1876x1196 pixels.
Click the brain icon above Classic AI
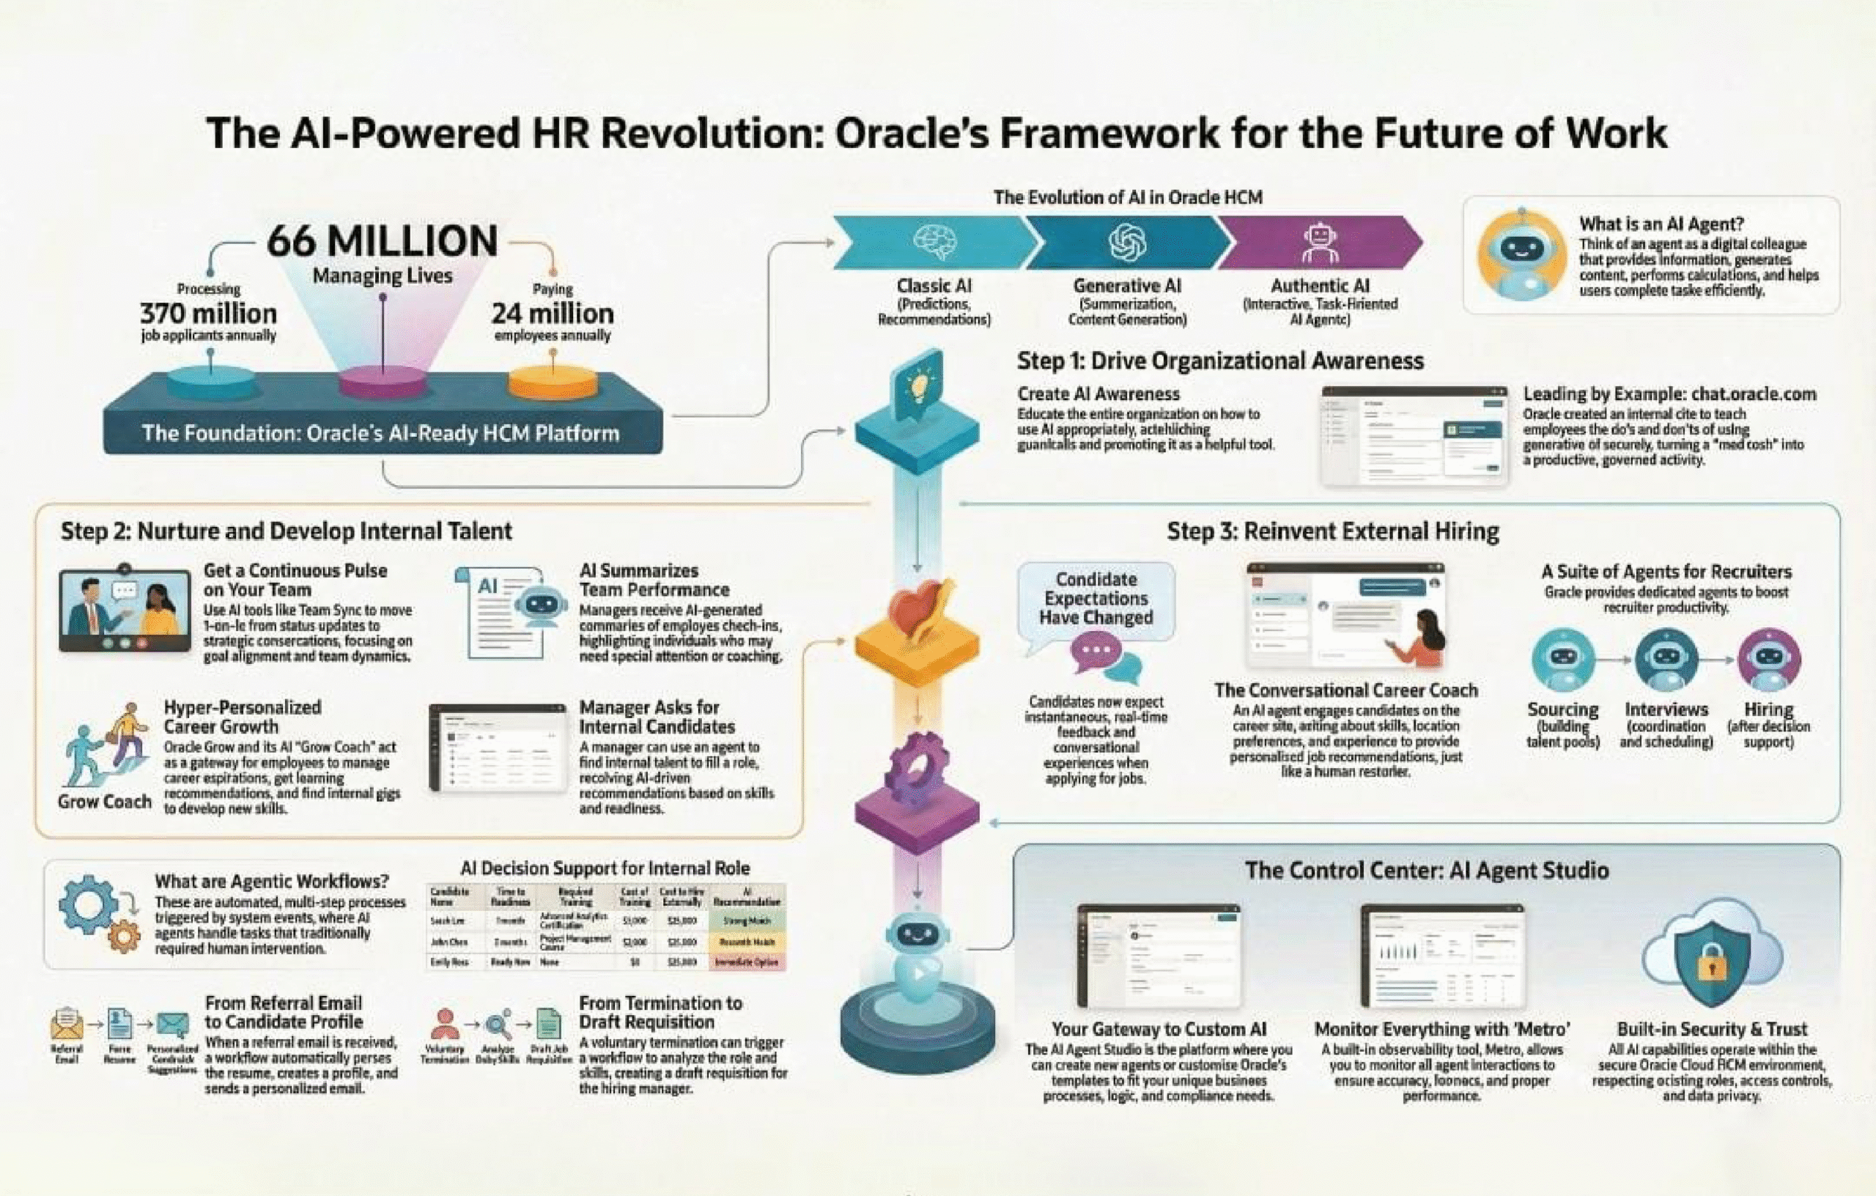point(934,242)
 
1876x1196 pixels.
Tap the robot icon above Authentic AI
point(1320,243)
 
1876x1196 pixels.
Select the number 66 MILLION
point(382,241)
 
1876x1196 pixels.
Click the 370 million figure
point(208,314)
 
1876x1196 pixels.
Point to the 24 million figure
point(553,314)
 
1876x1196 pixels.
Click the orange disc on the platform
point(553,382)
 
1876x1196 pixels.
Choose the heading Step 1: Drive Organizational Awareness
point(1220,361)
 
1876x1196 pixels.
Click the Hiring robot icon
point(1768,659)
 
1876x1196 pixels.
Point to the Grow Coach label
point(104,802)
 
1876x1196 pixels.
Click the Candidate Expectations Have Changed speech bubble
point(1096,599)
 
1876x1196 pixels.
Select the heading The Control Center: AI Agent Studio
point(1427,871)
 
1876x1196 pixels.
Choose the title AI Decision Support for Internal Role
point(605,868)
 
